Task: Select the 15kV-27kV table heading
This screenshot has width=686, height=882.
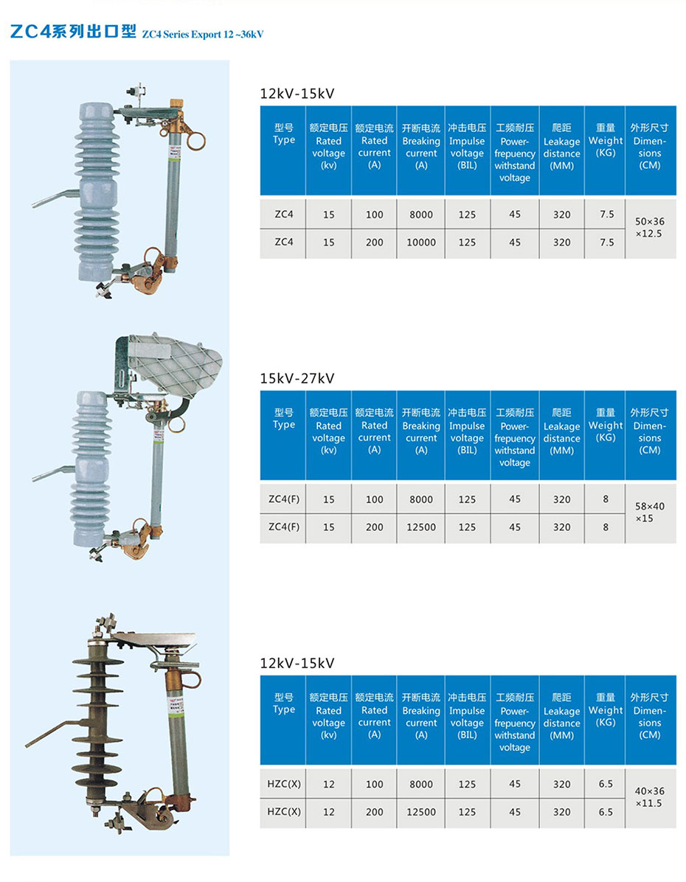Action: (x=297, y=378)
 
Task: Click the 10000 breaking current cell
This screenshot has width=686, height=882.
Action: (x=421, y=242)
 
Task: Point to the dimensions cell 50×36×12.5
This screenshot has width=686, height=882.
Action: (x=650, y=227)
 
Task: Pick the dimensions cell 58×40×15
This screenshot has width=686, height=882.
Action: (x=650, y=512)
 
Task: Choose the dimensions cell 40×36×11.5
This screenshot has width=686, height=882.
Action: (x=650, y=796)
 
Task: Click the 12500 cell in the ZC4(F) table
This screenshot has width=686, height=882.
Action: (x=421, y=527)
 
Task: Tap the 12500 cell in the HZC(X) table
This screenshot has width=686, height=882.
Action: (x=421, y=812)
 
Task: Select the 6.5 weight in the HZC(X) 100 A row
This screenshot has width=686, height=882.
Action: (x=606, y=784)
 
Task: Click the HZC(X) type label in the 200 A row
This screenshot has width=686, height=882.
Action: (x=284, y=812)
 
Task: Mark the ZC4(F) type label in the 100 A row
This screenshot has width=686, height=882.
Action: (x=284, y=499)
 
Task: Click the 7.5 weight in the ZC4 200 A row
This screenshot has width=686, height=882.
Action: (x=606, y=242)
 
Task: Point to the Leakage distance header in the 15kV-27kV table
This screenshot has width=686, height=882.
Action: (x=562, y=431)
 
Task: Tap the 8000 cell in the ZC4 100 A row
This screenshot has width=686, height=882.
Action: (x=421, y=215)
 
